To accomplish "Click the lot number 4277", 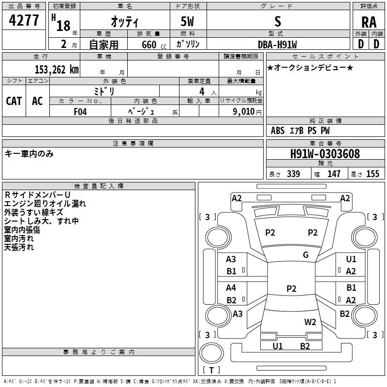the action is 24,20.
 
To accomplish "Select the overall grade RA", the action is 369,22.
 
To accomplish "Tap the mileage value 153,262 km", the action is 57,70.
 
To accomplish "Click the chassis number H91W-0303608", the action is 325,154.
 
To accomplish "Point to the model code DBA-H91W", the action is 277,45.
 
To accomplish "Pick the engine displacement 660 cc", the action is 154,45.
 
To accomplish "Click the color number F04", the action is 80,112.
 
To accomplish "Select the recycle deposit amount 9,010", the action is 244,112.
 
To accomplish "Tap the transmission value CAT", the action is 14,101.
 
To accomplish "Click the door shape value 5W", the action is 187,21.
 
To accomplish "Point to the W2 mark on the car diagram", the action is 310,322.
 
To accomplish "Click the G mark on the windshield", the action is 306,255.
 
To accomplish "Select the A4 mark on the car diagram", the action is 231,288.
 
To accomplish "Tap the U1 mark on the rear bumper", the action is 277,346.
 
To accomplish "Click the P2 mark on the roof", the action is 291,288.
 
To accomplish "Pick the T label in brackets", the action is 211,370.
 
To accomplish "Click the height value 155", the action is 372,174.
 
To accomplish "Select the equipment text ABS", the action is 278,131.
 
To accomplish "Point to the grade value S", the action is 278,21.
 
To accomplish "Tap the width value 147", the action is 334,174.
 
